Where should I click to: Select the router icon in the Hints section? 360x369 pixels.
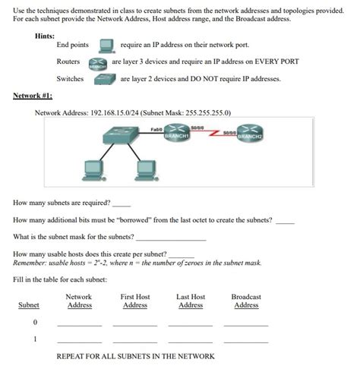point(97,62)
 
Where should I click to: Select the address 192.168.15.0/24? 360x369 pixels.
point(112,112)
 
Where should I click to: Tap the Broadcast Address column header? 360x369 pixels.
point(246,301)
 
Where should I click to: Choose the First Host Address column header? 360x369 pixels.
point(135,301)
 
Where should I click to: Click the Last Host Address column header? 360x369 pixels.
point(191,301)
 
